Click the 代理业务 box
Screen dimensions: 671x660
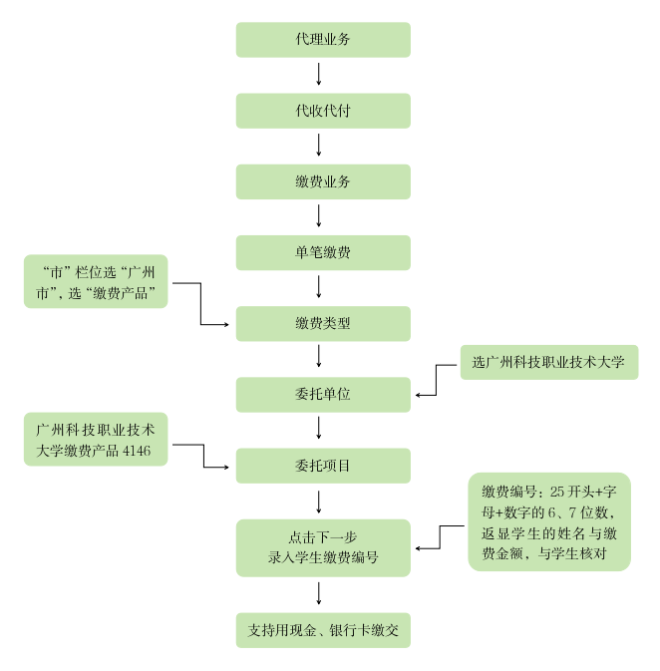pos(323,40)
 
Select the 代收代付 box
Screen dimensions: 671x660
pos(323,111)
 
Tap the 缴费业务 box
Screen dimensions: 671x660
pos(323,181)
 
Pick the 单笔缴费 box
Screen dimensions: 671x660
pos(323,252)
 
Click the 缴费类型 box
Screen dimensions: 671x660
pos(323,323)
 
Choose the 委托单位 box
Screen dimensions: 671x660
pos(323,394)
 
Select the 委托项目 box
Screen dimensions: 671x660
pos(323,465)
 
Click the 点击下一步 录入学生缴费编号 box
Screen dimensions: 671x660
pos(323,547)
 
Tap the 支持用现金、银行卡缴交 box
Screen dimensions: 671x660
pos(323,630)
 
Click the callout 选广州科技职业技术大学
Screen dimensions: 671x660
pos(548,362)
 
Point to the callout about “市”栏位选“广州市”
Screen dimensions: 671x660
pos(96,281)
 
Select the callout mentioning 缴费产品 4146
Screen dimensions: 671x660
pos(96,440)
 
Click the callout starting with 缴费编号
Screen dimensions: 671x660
pos(549,521)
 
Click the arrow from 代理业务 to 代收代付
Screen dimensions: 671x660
pos(319,75)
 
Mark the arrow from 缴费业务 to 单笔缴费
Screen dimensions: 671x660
pos(319,216)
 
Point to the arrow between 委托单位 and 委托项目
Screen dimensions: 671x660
pos(319,429)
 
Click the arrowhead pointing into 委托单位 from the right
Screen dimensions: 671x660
pos(418,395)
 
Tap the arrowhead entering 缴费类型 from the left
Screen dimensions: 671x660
pos(228,324)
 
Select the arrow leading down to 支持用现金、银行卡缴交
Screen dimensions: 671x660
pos(319,593)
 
